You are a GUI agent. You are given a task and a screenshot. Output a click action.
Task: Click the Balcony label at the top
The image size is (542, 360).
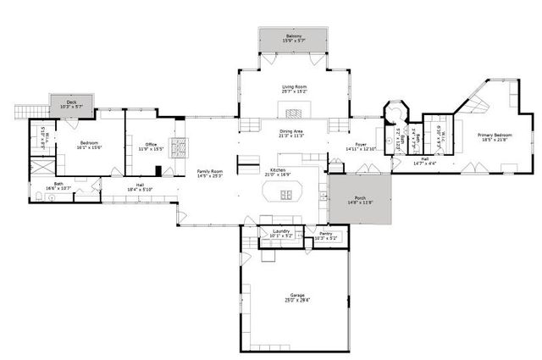(x=293, y=36)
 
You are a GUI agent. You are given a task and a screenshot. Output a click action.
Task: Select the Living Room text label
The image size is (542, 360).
(x=293, y=86)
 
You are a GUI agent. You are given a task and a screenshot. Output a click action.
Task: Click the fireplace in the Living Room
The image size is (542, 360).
(x=294, y=108)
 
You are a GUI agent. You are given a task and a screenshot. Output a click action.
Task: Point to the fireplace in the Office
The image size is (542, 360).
(x=179, y=147)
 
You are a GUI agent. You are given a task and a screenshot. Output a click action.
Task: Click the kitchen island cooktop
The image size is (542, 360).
(x=286, y=195)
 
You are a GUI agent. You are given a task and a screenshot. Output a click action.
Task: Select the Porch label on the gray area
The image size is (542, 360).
(x=360, y=198)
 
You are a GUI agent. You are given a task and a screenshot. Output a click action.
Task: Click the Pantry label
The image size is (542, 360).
(x=325, y=235)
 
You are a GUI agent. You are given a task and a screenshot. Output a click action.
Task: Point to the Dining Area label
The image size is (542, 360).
(x=292, y=131)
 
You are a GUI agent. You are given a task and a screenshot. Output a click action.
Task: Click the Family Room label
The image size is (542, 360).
(x=208, y=171)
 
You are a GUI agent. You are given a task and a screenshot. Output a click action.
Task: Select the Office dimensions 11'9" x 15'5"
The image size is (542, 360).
(x=151, y=149)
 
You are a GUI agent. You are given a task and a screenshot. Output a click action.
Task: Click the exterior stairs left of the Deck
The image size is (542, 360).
(x=25, y=111)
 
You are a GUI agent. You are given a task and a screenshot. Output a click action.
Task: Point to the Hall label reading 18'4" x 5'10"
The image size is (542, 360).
(x=140, y=189)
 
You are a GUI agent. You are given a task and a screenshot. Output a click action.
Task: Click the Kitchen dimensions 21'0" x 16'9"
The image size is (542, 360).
(x=280, y=174)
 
